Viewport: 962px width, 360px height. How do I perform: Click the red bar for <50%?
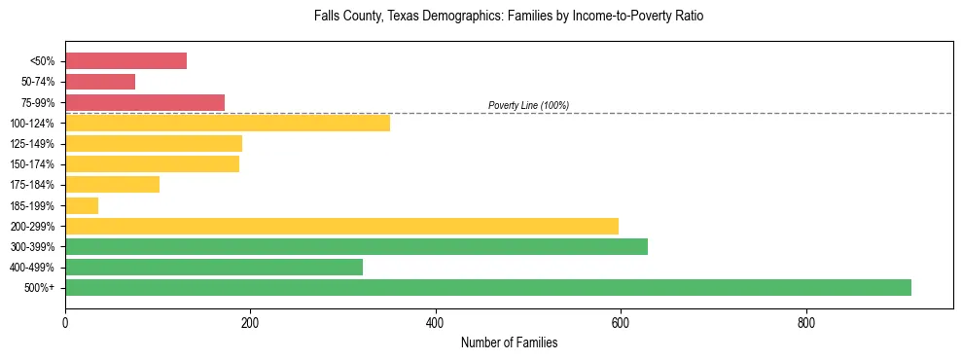point(125,61)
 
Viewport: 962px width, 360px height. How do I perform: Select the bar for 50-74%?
point(100,82)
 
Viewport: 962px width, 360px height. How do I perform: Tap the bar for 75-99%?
point(145,102)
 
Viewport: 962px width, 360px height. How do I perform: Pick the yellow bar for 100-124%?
point(228,123)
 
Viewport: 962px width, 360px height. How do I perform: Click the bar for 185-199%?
point(82,205)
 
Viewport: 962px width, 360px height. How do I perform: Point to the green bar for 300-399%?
point(356,246)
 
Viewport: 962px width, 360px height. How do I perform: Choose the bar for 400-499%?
point(214,267)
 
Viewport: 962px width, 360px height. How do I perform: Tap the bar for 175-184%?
point(112,185)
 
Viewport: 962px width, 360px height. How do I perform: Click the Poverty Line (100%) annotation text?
point(528,105)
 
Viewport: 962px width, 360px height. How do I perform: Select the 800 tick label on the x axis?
point(805,322)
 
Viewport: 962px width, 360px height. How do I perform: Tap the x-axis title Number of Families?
point(509,342)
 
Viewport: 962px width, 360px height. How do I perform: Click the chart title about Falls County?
point(509,17)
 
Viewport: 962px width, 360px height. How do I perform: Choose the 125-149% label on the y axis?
point(32,144)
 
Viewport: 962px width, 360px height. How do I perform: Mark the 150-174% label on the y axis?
point(32,164)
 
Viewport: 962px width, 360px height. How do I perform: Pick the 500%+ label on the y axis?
point(40,288)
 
